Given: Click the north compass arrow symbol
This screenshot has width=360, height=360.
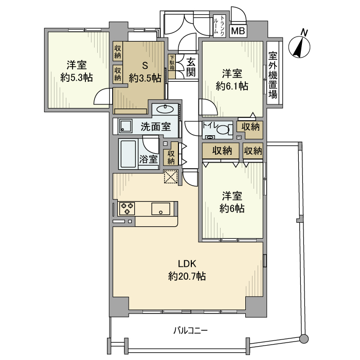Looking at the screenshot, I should (x=299, y=46).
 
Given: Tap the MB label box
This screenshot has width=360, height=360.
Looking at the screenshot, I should (x=238, y=31).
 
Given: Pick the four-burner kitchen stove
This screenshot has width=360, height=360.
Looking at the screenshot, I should (x=127, y=208).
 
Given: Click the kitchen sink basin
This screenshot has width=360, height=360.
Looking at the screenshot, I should (x=161, y=209).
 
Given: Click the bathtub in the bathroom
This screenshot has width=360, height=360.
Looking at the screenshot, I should (x=128, y=154).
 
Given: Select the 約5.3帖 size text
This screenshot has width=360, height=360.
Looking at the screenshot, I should (x=76, y=78).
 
